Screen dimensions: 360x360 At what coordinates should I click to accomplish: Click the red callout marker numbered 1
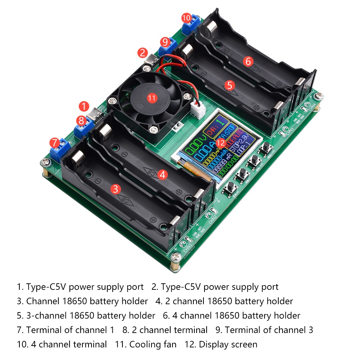point(84,106)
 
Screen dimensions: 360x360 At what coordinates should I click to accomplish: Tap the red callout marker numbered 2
point(143,53)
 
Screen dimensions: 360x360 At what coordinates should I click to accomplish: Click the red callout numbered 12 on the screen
point(221,143)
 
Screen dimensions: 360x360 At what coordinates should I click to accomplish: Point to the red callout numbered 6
point(248,61)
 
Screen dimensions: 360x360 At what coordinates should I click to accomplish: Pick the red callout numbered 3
point(115,189)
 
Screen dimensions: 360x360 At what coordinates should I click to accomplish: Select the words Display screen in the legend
point(228,345)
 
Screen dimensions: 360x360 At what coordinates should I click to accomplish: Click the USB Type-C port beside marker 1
point(98,114)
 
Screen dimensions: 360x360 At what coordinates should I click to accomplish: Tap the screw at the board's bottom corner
point(175,256)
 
